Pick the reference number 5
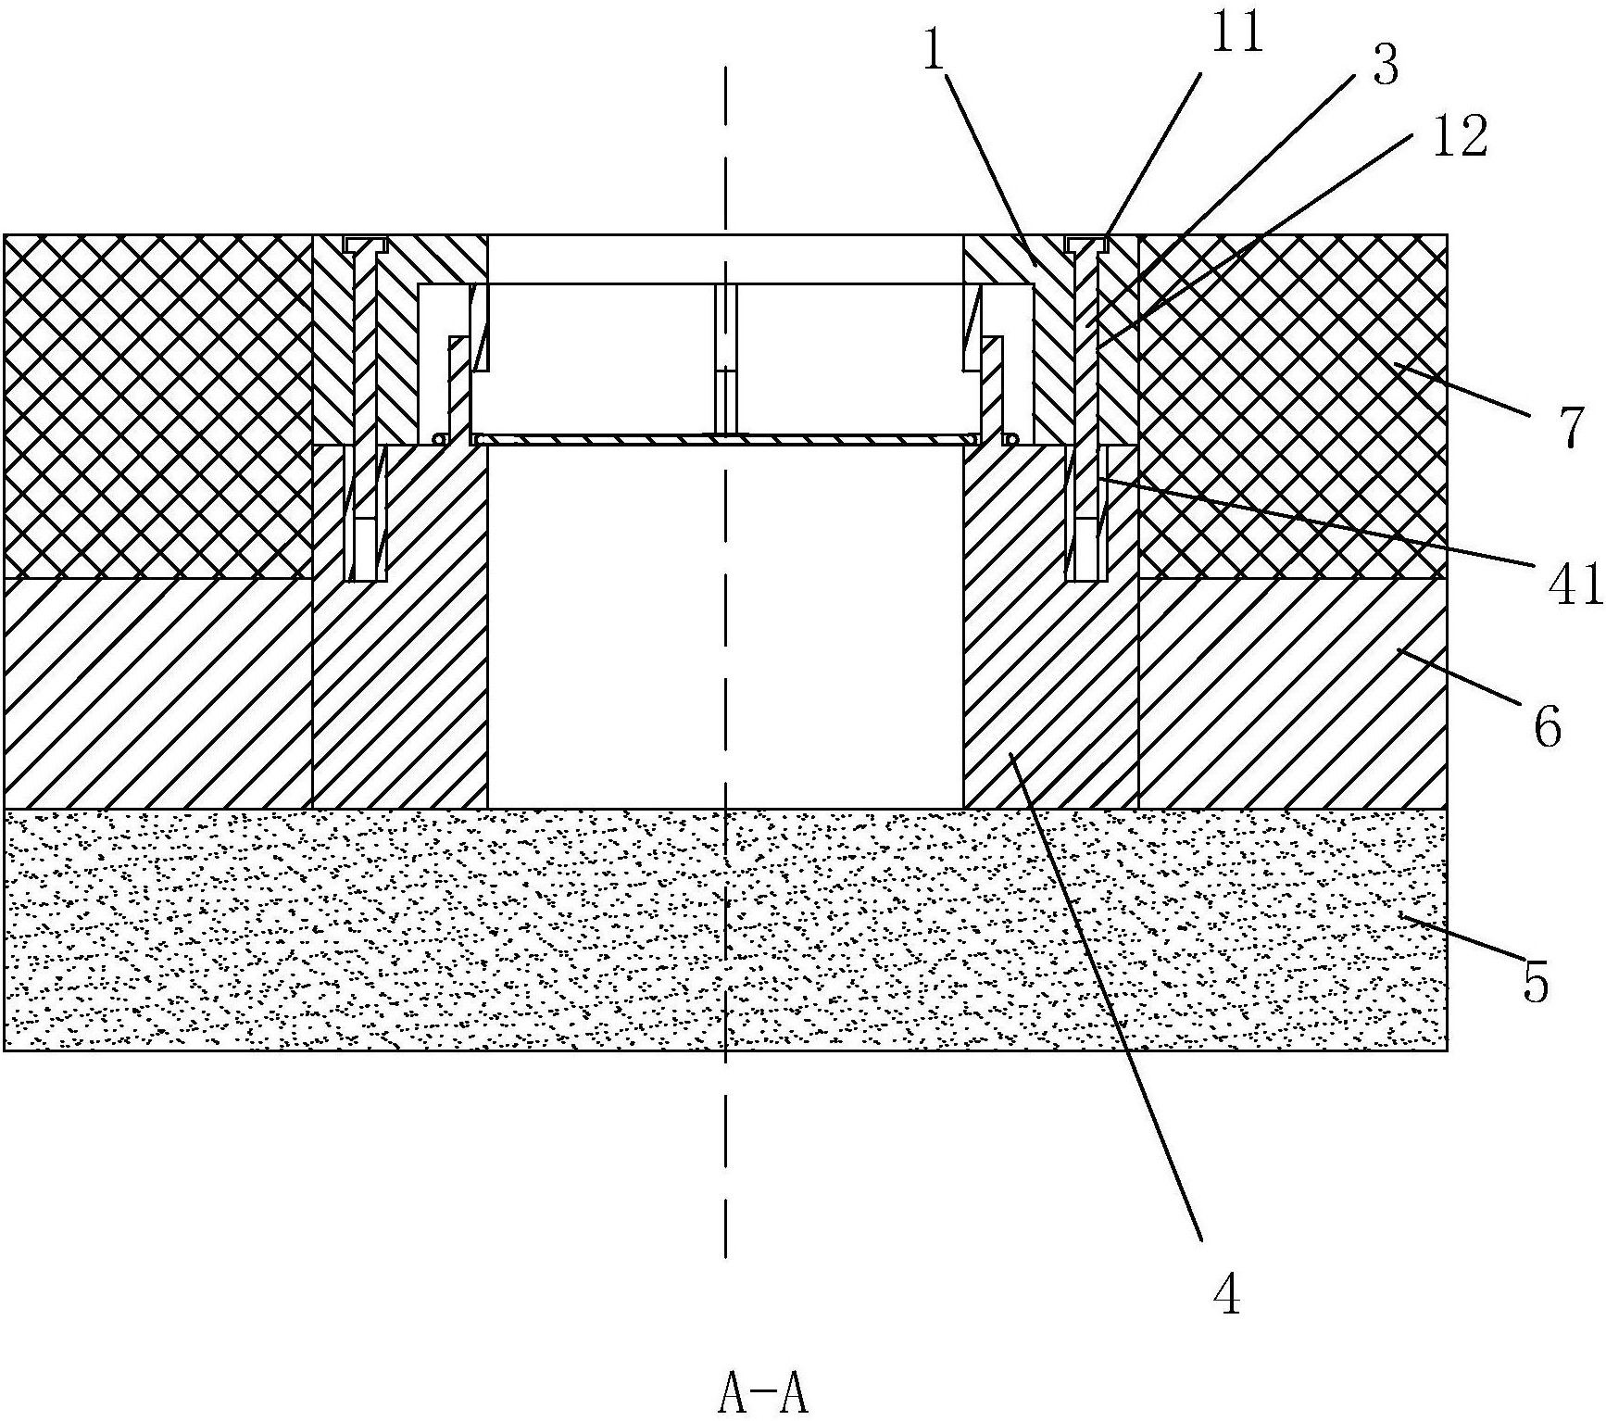click(1536, 983)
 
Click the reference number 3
click(1385, 66)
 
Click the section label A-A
click(763, 1397)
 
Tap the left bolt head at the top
click(365, 244)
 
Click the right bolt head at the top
click(1087, 244)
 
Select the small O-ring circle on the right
click(1011, 438)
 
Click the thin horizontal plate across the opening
click(725, 439)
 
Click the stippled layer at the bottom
click(725, 929)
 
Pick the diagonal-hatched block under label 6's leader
click(1293, 693)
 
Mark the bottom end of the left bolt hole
click(365, 581)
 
